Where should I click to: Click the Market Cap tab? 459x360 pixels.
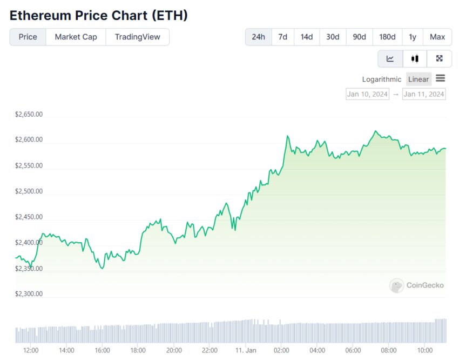(x=76, y=37)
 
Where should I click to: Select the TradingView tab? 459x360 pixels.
(x=137, y=37)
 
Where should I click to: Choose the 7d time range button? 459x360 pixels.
(x=282, y=37)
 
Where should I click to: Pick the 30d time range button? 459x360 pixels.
(x=333, y=37)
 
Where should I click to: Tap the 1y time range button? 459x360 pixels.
(x=413, y=37)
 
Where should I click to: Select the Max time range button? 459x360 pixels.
(x=437, y=37)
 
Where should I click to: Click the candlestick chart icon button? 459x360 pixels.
(x=415, y=58)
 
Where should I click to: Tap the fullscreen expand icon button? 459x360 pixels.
(x=439, y=58)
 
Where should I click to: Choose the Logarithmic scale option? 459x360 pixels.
(x=382, y=79)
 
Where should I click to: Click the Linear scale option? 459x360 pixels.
(x=418, y=79)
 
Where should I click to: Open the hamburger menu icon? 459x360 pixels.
(x=441, y=78)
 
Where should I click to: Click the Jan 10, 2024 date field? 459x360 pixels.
(x=367, y=94)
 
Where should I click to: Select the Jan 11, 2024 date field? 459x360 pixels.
(x=424, y=94)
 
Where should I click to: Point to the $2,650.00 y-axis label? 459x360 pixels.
(x=29, y=115)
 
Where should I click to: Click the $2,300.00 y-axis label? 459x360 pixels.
(x=29, y=294)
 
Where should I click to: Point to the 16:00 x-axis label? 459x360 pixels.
(x=102, y=350)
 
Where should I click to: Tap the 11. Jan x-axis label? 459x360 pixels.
(x=246, y=350)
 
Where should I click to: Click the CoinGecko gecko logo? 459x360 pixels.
(x=397, y=285)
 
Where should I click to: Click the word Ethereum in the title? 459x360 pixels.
(x=41, y=15)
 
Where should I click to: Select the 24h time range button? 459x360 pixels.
(x=259, y=37)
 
